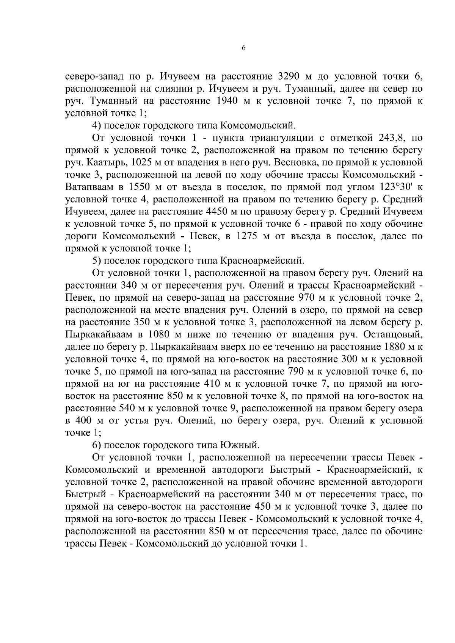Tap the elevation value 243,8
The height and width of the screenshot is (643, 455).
(392, 137)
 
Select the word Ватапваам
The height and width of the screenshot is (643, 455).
(89, 187)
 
